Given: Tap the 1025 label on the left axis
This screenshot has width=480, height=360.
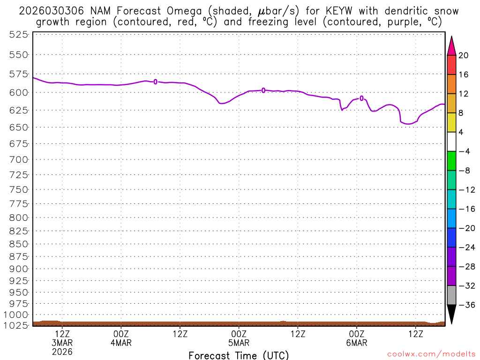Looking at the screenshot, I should [16, 325].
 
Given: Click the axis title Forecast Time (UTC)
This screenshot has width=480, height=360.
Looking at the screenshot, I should [239, 355].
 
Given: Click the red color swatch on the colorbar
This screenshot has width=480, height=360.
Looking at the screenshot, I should [451, 65].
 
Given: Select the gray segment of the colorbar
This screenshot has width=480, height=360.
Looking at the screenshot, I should [451, 295].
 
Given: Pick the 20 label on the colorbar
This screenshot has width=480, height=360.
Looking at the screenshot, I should [464, 55].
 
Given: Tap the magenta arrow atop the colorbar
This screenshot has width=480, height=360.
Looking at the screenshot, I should [451, 46].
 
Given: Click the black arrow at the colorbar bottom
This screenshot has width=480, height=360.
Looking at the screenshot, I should [451, 313].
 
